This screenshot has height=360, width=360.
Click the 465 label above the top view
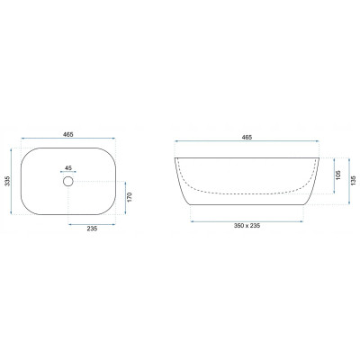click(68, 135)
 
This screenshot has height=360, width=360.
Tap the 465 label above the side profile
click(247, 137)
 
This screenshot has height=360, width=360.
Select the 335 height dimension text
click(8, 181)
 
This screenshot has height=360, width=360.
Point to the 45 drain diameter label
click(68, 167)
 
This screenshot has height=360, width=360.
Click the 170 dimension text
click(130, 197)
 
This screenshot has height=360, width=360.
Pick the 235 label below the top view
click(92, 229)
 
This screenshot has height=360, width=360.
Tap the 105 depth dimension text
click(338, 175)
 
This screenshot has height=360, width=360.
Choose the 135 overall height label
click(354, 180)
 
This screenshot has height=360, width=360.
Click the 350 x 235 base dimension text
click(247, 226)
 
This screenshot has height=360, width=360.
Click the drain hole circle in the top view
click(68, 181)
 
